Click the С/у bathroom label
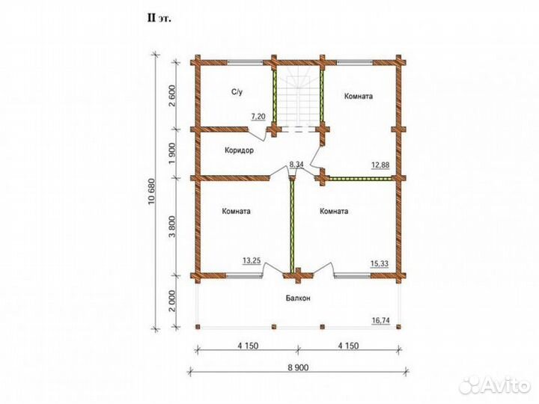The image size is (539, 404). click(x=237, y=92)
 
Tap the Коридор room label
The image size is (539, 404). click(x=240, y=150)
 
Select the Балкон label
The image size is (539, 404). click(x=298, y=299)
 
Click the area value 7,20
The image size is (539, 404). click(x=258, y=117)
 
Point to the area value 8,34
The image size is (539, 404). click(x=296, y=165)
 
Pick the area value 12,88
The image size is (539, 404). click(x=380, y=165)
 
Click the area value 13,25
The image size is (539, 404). click(x=252, y=261)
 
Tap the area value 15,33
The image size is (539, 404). click(x=380, y=264)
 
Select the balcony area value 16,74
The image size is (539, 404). click(x=381, y=321)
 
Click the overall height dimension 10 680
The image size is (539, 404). click(x=151, y=192)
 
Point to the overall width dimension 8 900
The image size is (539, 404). click(x=298, y=368)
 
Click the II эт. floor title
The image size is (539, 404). click(x=159, y=18)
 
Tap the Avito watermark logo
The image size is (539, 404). click(x=494, y=385)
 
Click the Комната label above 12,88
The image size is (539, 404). click(x=359, y=97)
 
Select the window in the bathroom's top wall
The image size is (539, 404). click(x=245, y=63)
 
